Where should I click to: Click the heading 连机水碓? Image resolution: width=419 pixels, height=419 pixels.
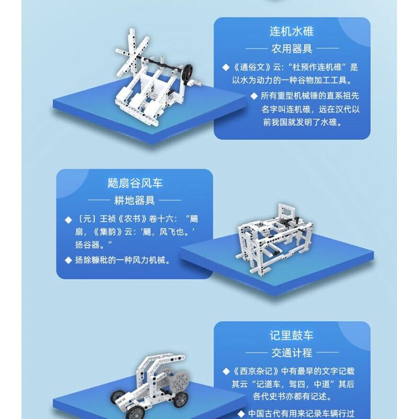click(292, 32)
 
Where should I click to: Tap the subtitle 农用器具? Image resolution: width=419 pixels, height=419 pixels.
click(292, 49)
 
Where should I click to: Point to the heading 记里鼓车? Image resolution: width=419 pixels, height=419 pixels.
click(292, 336)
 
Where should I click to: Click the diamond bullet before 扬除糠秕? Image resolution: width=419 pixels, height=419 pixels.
click(68, 260)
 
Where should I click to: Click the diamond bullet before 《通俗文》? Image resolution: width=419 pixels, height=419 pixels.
click(226, 68)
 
